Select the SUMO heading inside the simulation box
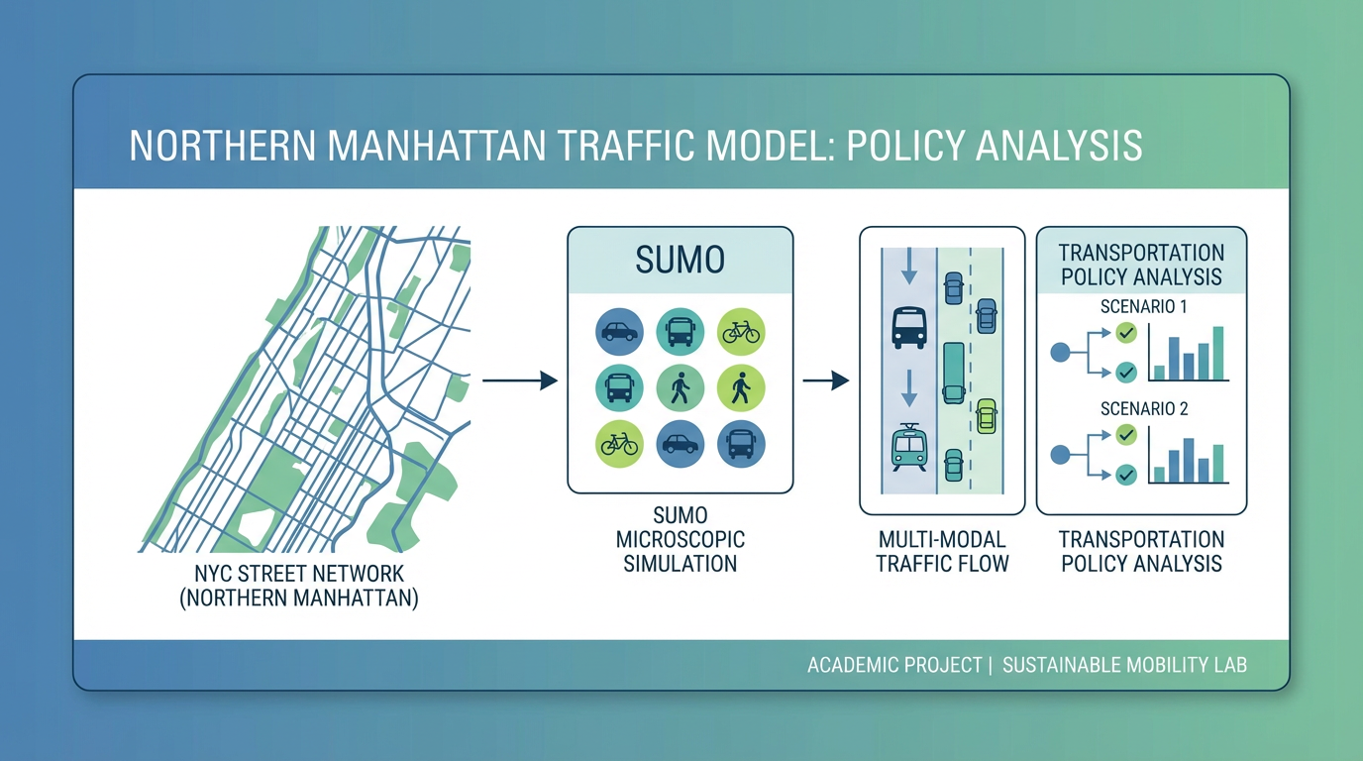coord(681,260)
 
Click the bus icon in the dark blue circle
coord(741,444)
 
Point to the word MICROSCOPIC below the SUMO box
coord(681,540)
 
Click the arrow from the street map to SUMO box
coord(519,380)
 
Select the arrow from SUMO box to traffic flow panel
coord(826,380)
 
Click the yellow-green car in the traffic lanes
coord(986,415)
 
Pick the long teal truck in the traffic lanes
coord(953,372)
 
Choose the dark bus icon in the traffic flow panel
coord(908,327)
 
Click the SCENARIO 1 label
coord(1144,307)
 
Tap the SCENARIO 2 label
coord(1144,408)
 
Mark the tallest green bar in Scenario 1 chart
coord(1218,353)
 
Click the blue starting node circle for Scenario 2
coord(1059,455)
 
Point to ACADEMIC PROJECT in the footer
coord(893,665)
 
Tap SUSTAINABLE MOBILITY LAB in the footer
coord(1124,665)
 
